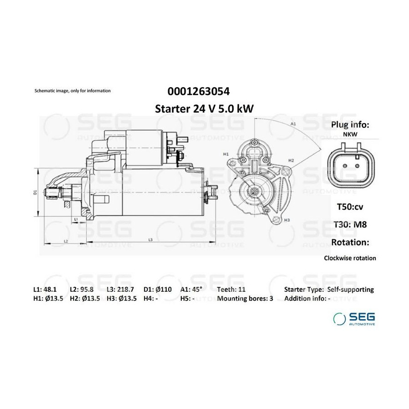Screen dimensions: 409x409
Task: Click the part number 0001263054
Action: tap(199, 91)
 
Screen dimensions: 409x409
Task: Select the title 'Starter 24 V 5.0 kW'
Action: tap(204, 109)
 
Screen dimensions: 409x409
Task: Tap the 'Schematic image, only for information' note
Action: tap(73, 91)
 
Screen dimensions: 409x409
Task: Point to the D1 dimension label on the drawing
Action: tap(35, 192)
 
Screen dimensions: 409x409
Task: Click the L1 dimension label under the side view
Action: tap(76, 219)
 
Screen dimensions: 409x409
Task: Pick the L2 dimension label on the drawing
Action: tap(66, 241)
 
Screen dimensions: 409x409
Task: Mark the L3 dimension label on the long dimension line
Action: tap(150, 239)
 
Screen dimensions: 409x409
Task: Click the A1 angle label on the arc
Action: tap(293, 124)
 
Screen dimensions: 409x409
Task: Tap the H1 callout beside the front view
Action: tap(226, 154)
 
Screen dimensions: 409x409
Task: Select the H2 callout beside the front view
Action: tap(291, 160)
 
